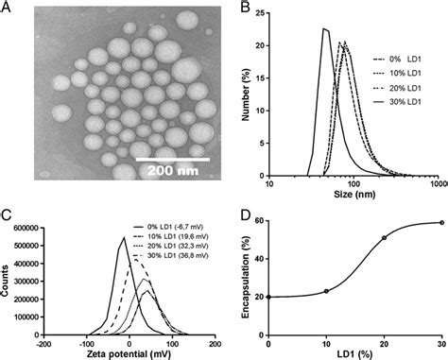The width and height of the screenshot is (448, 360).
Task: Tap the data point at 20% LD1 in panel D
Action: (x=384, y=238)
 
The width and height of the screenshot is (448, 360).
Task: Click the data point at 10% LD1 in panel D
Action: (x=326, y=291)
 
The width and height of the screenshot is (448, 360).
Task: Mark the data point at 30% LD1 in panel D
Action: (x=440, y=223)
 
